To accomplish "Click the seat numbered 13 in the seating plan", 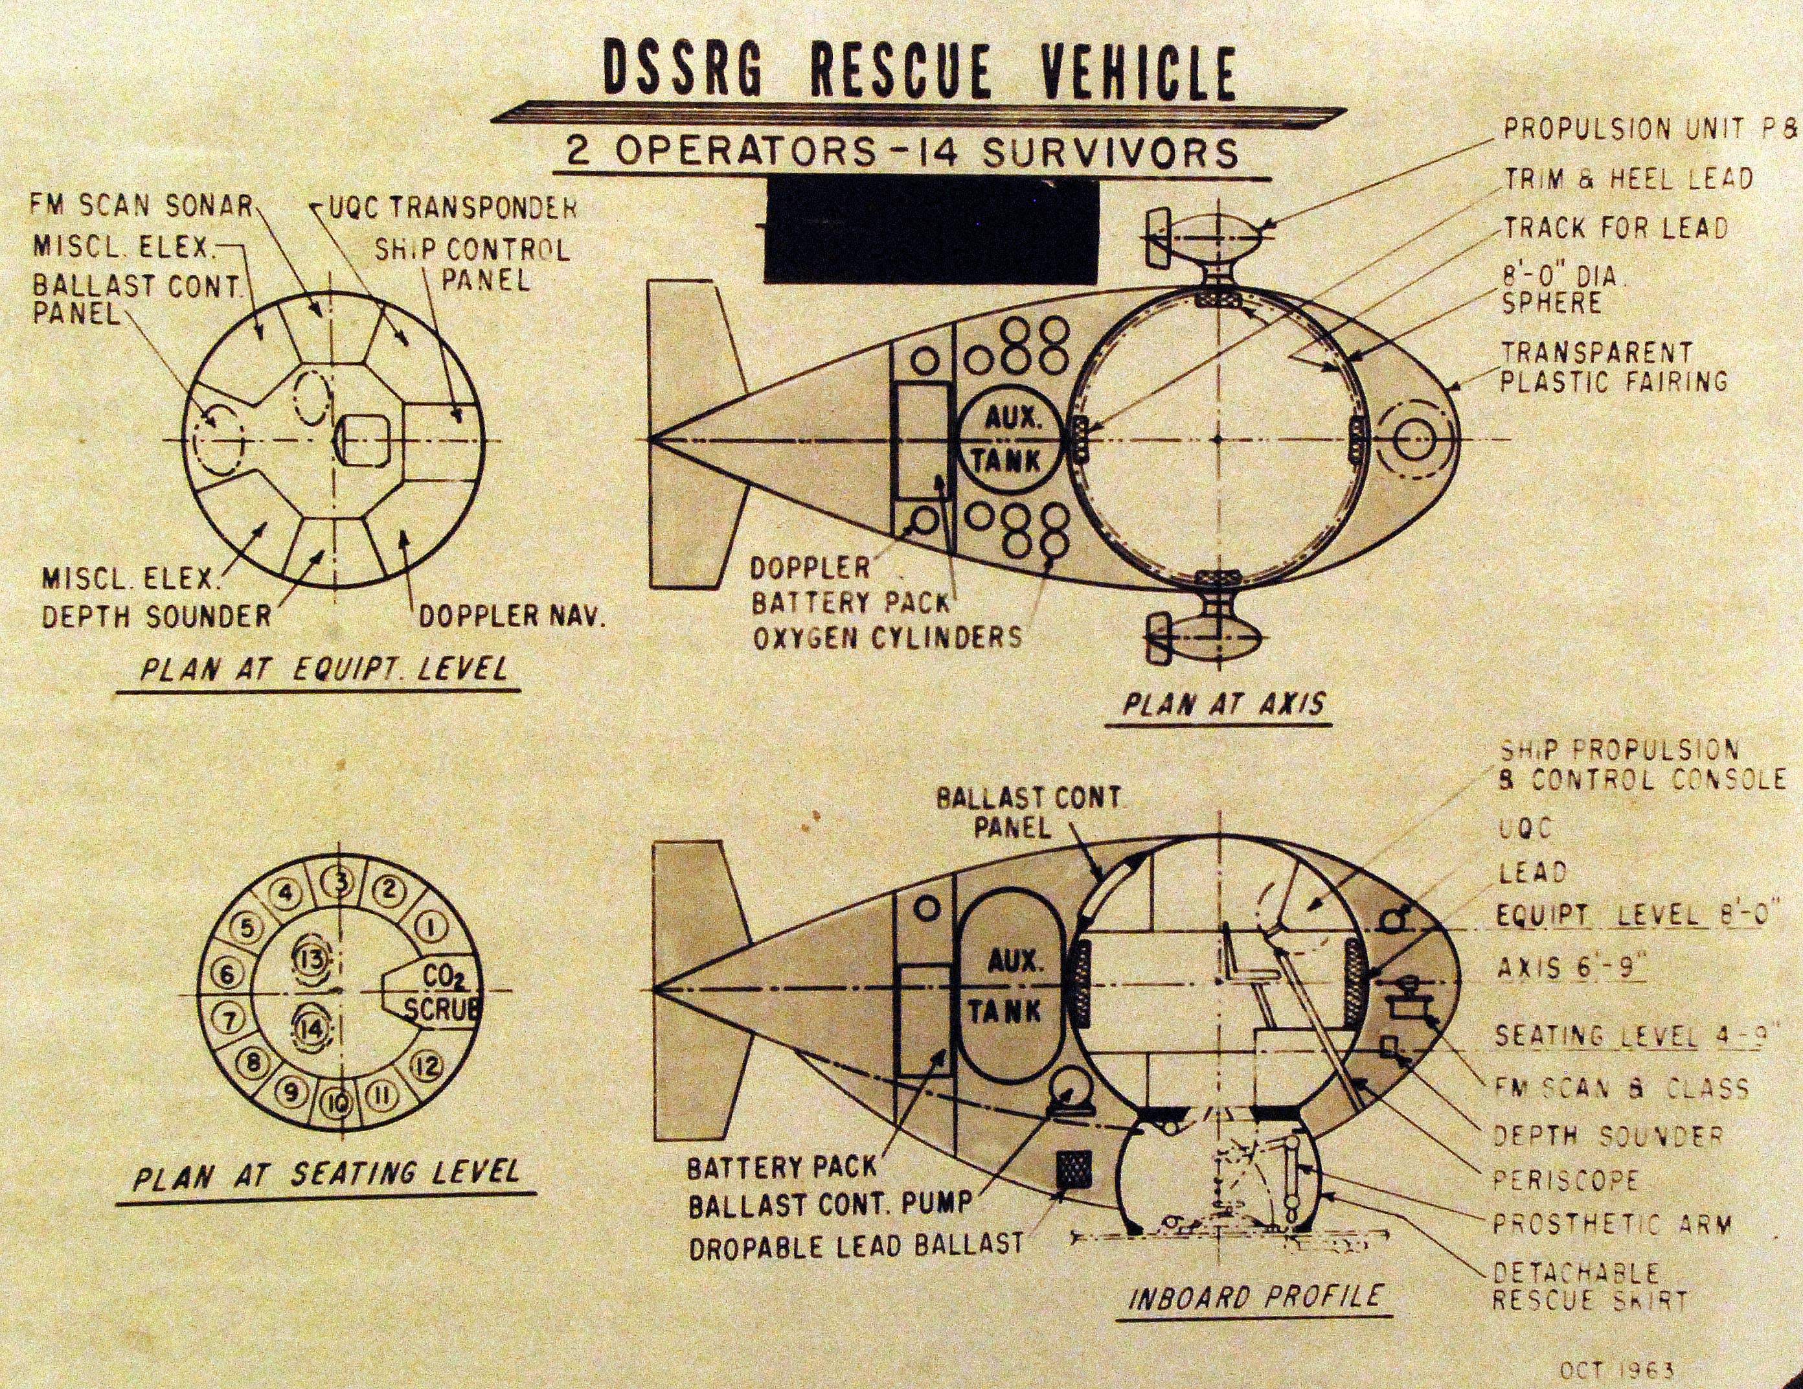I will click(x=315, y=959).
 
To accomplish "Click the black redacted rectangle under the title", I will click(x=932, y=231).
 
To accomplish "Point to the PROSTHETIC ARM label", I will click(x=1610, y=1224).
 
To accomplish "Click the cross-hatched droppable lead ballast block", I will click(x=1073, y=1170).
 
